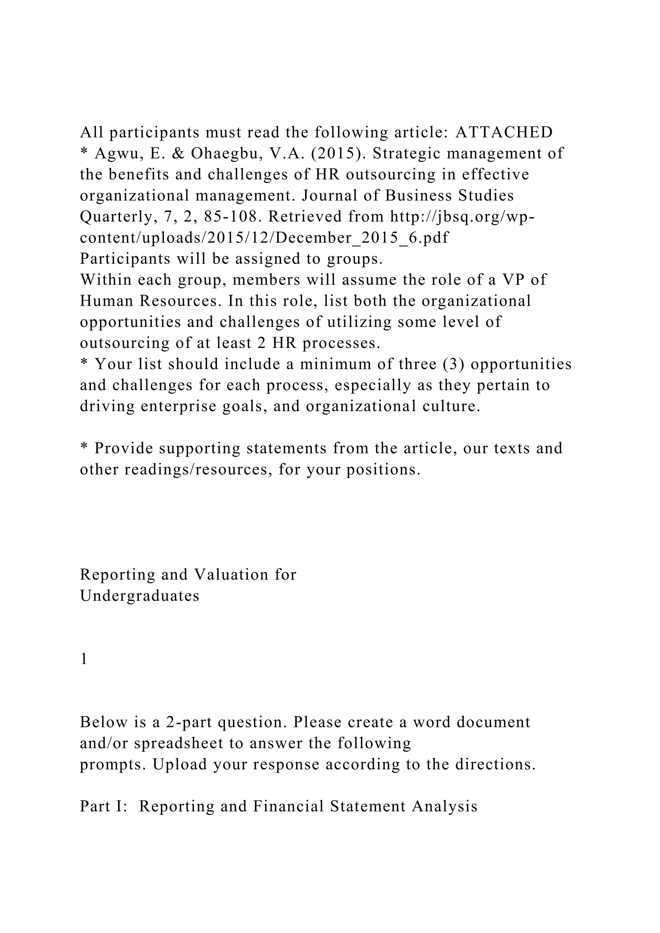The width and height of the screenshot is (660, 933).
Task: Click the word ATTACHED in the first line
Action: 504,132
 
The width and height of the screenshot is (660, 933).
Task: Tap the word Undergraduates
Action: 140,596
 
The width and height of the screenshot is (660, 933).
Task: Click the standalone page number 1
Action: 84,659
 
